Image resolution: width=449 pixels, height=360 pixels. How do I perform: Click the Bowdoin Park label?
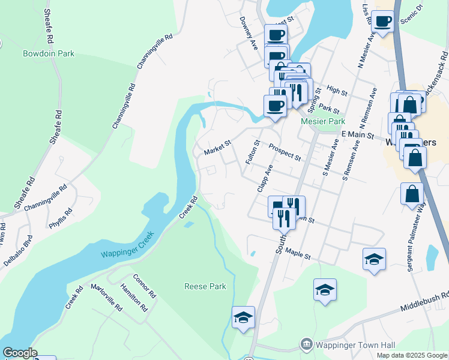[x=49, y=53]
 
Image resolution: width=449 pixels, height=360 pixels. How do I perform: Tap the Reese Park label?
[x=205, y=286]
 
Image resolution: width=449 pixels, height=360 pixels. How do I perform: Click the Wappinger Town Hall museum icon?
[x=306, y=345]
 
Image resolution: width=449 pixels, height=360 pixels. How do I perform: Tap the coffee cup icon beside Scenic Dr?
[x=382, y=22]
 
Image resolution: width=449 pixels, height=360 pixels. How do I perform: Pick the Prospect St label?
[x=285, y=152]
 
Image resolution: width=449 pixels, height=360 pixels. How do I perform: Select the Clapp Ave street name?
[x=265, y=178]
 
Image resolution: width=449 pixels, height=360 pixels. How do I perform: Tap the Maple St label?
[x=298, y=254]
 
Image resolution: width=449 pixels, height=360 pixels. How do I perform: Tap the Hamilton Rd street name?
[x=133, y=296]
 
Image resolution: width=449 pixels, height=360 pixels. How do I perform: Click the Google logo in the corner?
[x=20, y=353]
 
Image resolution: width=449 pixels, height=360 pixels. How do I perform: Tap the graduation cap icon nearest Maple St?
[x=374, y=259]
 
